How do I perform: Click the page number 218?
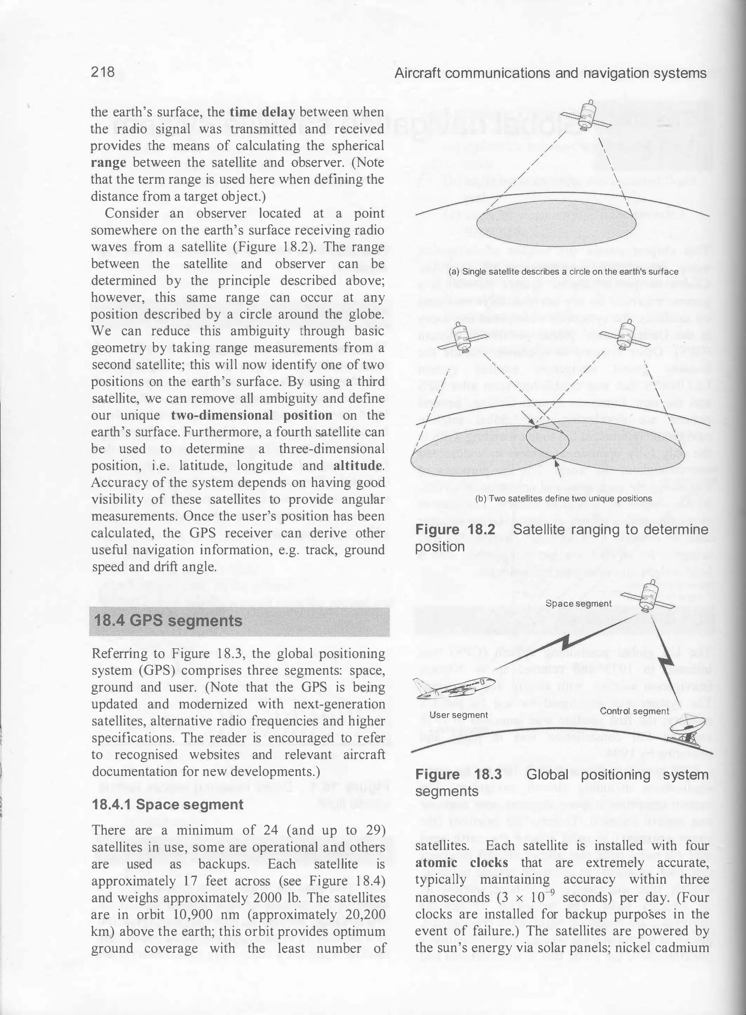point(103,72)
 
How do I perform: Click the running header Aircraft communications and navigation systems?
point(550,73)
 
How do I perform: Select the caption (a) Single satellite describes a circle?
point(564,271)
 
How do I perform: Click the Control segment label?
point(634,711)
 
